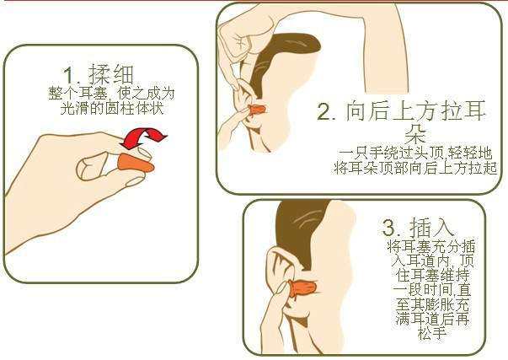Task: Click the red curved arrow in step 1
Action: [144, 137]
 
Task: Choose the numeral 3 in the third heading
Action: [389, 228]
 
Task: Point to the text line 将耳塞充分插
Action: [430, 246]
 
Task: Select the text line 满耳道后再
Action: [430, 321]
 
